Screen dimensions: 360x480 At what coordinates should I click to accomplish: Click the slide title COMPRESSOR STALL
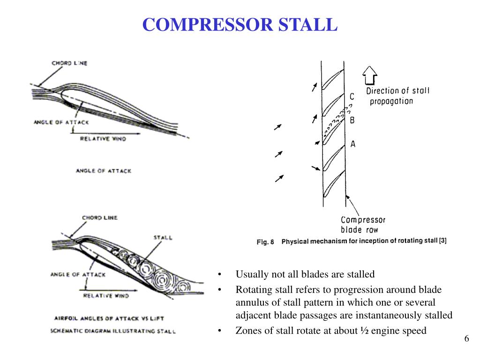point(240,24)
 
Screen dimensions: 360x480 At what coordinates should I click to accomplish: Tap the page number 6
point(467,339)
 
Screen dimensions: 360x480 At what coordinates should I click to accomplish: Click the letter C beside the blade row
point(352,97)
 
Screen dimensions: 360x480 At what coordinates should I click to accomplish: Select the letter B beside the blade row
point(352,120)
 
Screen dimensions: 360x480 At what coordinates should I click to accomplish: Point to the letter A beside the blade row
point(353,144)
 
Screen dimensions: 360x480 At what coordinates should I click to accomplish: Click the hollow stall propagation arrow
point(370,75)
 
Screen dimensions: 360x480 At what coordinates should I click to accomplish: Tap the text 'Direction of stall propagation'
point(397,96)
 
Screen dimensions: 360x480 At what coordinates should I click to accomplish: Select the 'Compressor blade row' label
point(363,225)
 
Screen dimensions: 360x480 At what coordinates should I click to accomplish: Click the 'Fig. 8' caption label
point(265,242)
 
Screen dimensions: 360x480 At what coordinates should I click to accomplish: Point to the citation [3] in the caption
point(442,241)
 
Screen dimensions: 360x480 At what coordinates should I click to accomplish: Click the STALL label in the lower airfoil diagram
point(163,238)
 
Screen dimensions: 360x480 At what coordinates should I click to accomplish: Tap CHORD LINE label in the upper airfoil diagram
point(70,63)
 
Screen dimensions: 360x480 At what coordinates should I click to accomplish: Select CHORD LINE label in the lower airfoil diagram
point(99,218)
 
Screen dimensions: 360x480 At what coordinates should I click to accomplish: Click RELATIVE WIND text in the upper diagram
point(103,139)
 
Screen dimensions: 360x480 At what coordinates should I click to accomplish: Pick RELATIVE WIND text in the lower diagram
point(105,296)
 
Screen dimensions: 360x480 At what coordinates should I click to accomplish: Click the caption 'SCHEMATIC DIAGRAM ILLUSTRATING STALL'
point(113,331)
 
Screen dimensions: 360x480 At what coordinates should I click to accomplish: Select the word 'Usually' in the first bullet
point(250,274)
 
